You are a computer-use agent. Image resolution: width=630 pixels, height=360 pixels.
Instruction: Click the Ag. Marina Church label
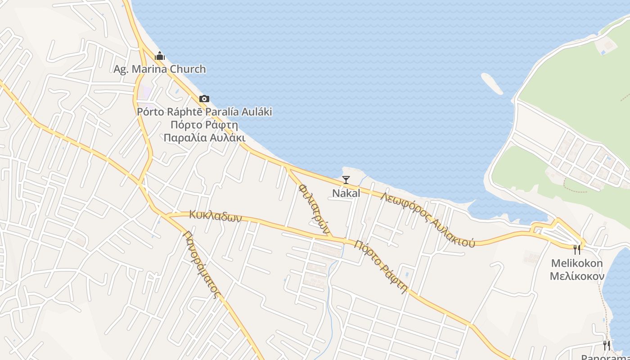[159, 69]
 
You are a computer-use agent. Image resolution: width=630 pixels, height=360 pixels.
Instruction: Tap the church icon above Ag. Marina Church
[159, 56]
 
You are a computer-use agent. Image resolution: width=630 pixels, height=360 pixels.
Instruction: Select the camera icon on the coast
[204, 99]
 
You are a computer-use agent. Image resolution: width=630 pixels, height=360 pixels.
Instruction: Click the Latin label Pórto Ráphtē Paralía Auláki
[204, 112]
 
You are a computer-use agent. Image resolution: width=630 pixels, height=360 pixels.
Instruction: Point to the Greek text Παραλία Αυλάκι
[204, 137]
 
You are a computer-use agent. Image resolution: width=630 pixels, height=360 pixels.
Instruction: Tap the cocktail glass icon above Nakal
[346, 180]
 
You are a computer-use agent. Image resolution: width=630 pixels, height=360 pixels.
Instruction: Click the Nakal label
[346, 193]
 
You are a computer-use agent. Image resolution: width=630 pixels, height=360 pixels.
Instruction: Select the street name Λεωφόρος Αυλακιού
[427, 220]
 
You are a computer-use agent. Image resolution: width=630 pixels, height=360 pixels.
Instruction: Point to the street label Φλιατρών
[314, 208]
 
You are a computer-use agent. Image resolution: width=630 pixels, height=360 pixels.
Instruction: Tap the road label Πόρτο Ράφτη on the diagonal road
[381, 266]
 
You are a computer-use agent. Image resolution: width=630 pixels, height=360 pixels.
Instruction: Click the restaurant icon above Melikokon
[576, 249]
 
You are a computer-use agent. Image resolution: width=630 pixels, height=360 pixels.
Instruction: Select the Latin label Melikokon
[577, 263]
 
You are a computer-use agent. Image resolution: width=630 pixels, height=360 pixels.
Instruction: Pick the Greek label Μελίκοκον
[577, 276]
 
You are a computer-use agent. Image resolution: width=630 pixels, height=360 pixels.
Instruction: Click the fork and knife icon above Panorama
[607, 345]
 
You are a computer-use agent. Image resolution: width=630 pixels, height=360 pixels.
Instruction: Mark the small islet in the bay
[492, 83]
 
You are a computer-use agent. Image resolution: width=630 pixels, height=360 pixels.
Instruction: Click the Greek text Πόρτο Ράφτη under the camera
[204, 125]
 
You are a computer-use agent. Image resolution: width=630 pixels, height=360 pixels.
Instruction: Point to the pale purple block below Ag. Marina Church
[145, 94]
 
